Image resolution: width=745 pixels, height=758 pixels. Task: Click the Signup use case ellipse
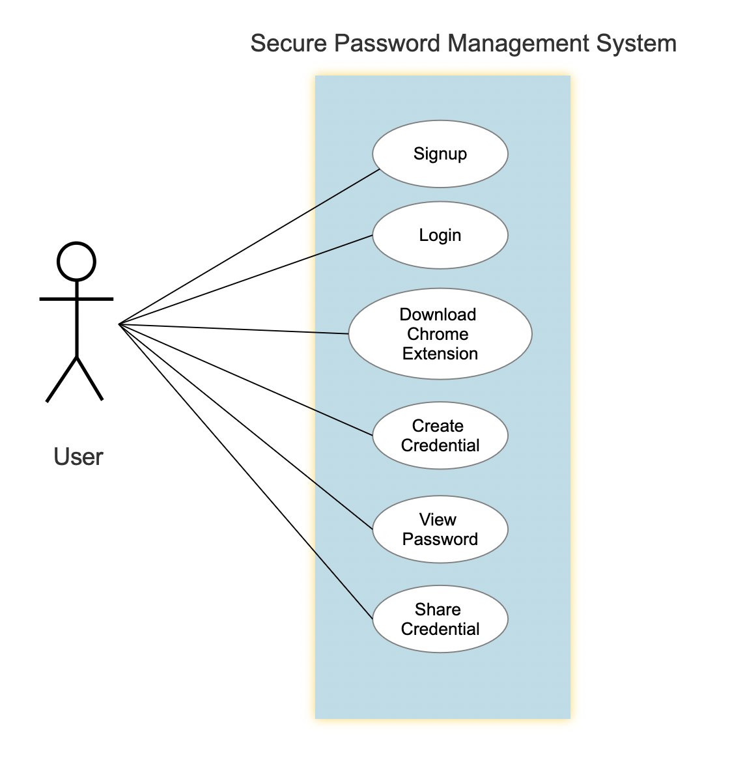point(440,154)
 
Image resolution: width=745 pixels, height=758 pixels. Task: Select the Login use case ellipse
point(440,235)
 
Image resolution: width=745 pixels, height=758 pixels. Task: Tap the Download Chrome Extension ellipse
point(440,334)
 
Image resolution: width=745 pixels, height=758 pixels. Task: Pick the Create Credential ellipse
point(440,436)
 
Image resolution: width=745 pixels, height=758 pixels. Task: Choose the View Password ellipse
point(440,529)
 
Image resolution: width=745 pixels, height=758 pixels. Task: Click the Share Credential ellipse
point(440,619)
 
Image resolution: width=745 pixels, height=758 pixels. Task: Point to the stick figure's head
point(77,262)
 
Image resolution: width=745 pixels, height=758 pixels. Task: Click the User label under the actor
point(78,457)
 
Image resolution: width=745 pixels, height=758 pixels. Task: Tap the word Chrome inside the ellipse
point(438,334)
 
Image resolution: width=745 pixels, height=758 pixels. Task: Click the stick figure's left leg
point(61,379)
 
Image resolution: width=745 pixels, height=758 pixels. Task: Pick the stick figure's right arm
point(95,299)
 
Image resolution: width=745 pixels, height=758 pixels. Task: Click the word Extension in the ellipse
point(440,354)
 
